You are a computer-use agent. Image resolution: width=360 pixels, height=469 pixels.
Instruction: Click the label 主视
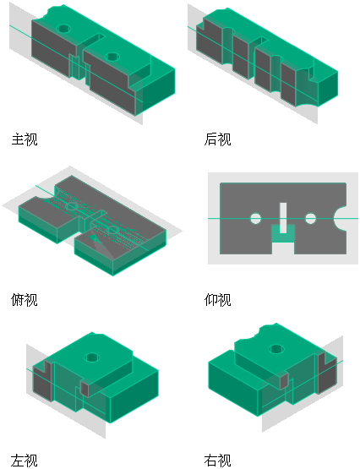click(x=25, y=139)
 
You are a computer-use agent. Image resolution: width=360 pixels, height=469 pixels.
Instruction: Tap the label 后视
click(x=217, y=139)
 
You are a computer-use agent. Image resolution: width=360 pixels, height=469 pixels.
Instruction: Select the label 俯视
click(x=25, y=300)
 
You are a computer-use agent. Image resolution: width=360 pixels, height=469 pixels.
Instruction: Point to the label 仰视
click(x=217, y=300)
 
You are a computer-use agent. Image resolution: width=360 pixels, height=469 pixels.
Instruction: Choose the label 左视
click(x=25, y=461)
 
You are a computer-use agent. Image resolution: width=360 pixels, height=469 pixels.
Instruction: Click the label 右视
click(x=217, y=461)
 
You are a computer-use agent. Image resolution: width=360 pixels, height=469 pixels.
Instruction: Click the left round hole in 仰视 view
click(x=255, y=219)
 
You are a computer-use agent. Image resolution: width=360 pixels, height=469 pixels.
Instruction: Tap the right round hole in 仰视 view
click(x=310, y=219)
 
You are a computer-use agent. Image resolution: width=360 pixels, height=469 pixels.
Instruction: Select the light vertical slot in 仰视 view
click(x=283, y=218)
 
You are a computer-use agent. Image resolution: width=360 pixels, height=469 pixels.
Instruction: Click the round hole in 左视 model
click(x=92, y=357)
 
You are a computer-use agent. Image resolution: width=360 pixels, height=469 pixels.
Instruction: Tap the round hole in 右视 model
click(x=276, y=349)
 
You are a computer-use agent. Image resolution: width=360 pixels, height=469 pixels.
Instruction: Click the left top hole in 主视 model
click(x=63, y=29)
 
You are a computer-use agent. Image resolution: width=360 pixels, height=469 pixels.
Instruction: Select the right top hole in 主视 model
click(x=112, y=57)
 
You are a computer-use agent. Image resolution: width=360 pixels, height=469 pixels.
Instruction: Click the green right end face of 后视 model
click(x=328, y=89)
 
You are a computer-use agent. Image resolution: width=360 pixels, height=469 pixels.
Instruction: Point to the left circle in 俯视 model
click(x=72, y=206)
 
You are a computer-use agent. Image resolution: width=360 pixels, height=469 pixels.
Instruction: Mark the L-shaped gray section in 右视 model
click(x=327, y=374)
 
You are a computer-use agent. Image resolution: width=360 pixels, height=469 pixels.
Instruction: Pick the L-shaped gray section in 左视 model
click(x=42, y=380)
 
